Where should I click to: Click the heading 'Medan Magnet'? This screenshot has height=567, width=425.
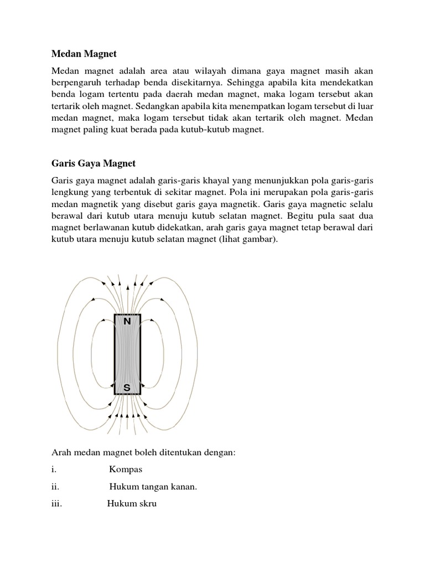point(84,54)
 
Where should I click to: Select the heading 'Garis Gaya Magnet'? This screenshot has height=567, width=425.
point(94,164)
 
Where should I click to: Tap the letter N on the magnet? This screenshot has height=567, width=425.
point(127,321)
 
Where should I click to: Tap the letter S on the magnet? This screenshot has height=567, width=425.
point(127,388)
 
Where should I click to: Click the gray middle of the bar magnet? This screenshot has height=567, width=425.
point(127,354)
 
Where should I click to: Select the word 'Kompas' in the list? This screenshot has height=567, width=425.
point(126,470)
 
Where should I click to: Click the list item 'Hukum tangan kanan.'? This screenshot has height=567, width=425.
point(153,487)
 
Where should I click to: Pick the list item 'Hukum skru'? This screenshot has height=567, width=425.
point(132,504)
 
